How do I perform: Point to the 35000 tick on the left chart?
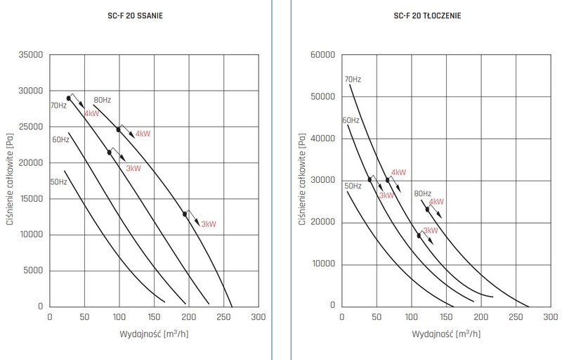[30, 55]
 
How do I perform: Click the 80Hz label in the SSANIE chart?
[102, 100]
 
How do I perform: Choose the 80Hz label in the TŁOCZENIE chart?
[423, 193]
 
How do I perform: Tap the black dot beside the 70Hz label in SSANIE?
[69, 98]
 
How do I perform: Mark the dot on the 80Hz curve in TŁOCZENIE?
[427, 209]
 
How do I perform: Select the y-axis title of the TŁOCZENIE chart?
[301, 180]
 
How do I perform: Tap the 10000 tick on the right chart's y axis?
[320, 264]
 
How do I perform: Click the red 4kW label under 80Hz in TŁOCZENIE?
[436, 202]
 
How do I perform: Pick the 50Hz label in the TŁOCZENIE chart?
[353, 186]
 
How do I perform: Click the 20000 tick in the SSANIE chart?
[30, 163]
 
